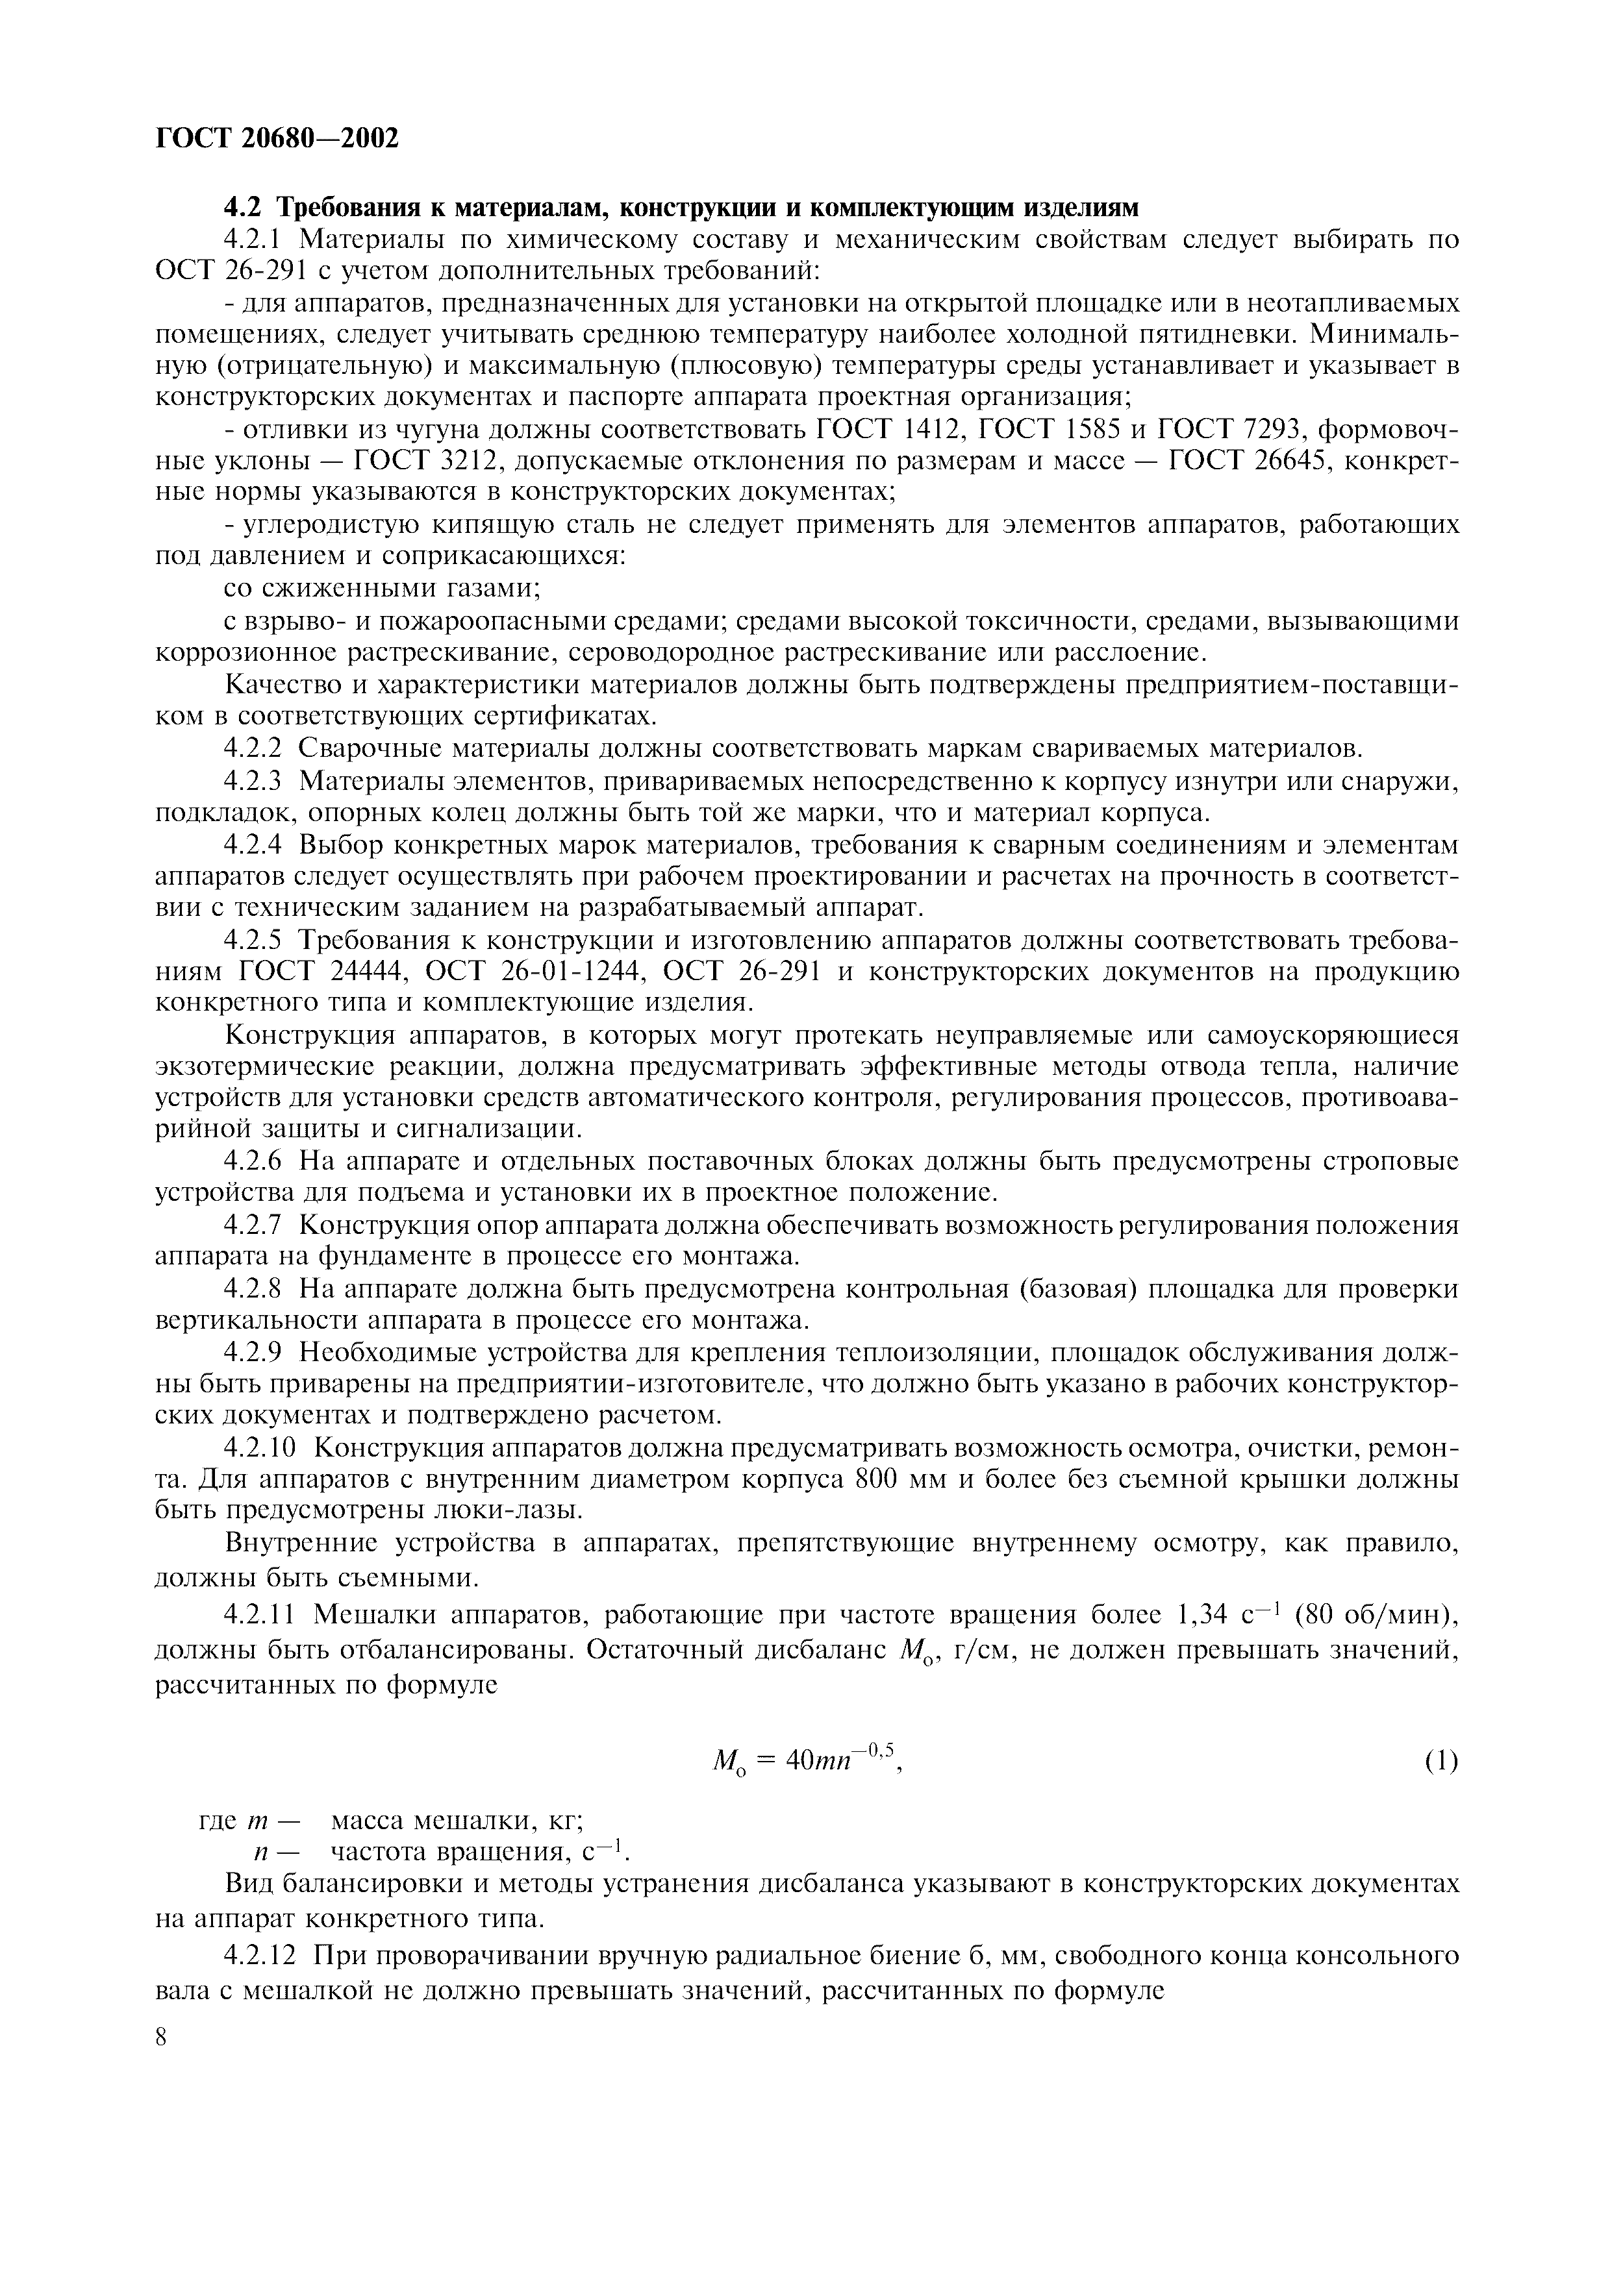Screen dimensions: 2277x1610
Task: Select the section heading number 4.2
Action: [245, 207]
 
